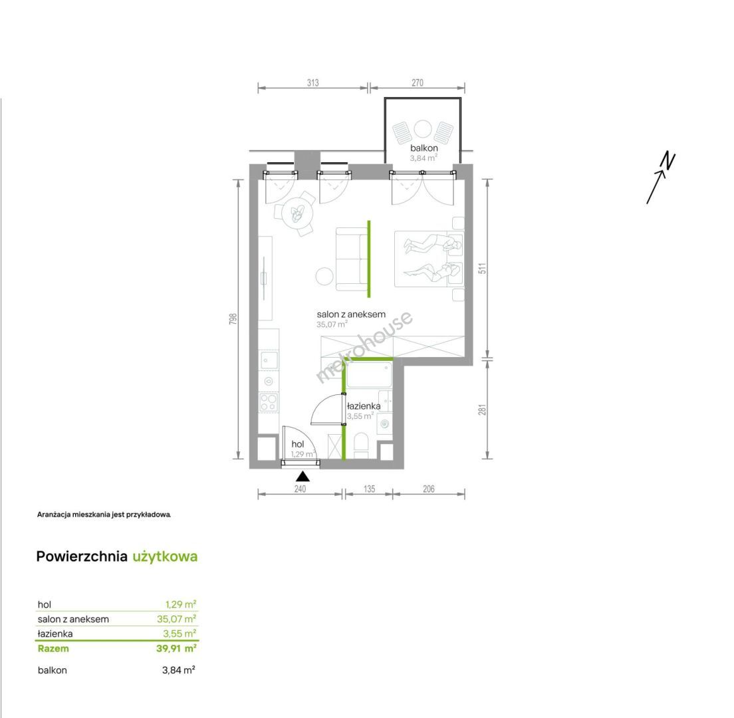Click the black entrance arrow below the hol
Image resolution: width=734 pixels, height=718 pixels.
[303, 477]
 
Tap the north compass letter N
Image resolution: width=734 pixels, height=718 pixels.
[668, 160]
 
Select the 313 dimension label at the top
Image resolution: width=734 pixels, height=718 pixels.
[312, 83]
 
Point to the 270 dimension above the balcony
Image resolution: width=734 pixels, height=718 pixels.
[417, 83]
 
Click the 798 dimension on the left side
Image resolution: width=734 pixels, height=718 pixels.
[233, 318]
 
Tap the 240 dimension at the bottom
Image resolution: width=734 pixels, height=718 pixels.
[300, 489]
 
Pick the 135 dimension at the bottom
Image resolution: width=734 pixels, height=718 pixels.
[369, 489]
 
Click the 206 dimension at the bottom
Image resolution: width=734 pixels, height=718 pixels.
[428, 489]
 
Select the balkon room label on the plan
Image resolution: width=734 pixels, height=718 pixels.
[424, 148]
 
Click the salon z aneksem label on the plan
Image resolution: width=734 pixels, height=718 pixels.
[351, 314]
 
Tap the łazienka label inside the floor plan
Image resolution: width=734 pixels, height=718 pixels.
[364, 406]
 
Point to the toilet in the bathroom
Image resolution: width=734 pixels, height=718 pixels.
[362, 445]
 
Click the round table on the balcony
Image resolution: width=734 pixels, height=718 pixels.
[423, 129]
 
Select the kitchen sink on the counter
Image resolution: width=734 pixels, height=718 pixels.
[269, 360]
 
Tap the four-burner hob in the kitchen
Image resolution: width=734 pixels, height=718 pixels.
[269, 402]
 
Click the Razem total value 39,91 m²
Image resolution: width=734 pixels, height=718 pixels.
[176, 648]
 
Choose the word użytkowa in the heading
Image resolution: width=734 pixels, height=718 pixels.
[165, 556]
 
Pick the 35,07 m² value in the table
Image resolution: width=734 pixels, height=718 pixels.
[176, 619]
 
